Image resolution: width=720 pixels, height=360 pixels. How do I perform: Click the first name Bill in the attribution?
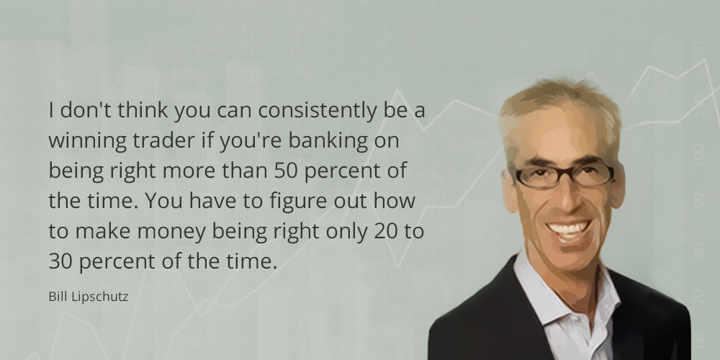(x=58, y=297)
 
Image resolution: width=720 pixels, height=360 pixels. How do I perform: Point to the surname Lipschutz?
(x=99, y=297)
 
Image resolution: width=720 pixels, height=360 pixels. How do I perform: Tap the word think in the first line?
(x=143, y=111)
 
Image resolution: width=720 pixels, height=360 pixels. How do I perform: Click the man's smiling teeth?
(x=569, y=228)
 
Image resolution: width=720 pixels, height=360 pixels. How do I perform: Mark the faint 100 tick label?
(x=698, y=156)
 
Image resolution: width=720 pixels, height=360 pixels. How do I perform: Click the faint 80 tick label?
(x=698, y=250)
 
